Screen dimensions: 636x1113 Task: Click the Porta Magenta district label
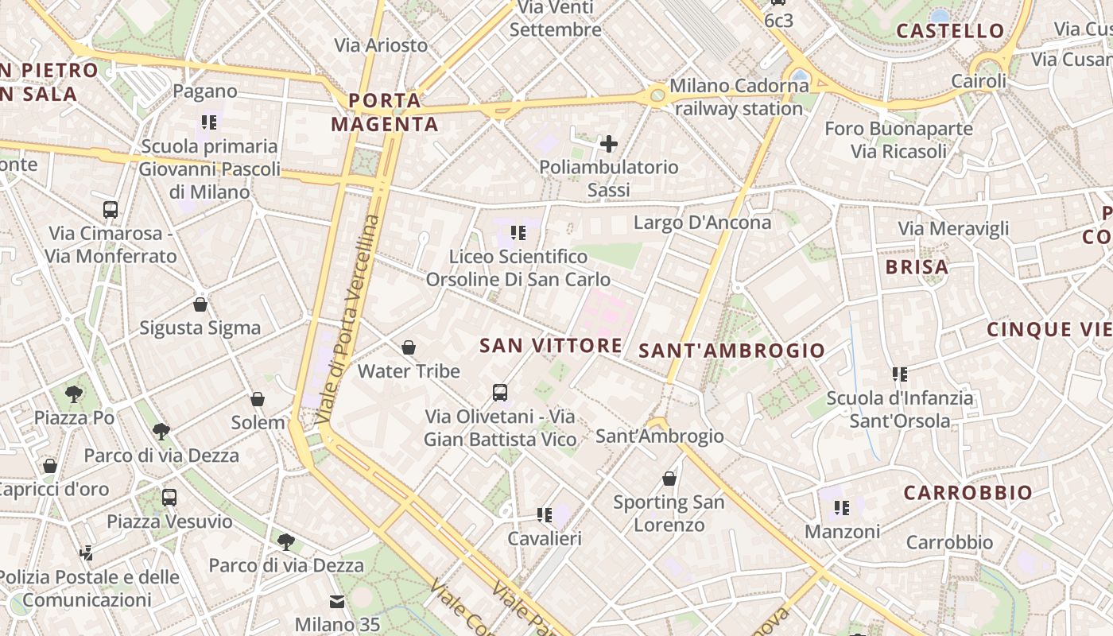pyautogui.click(x=385, y=112)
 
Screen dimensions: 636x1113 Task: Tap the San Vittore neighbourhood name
pyautogui.click(x=551, y=345)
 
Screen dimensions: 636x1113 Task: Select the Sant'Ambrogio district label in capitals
pyautogui.click(x=732, y=350)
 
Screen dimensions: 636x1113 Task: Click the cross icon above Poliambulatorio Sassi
pyautogui.click(x=608, y=144)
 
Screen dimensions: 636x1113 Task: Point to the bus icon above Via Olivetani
pyautogui.click(x=500, y=392)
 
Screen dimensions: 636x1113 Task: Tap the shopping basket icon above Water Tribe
pyautogui.click(x=409, y=347)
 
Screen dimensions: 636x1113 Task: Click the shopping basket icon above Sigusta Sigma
pyautogui.click(x=200, y=304)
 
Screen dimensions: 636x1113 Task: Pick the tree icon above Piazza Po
pyautogui.click(x=74, y=394)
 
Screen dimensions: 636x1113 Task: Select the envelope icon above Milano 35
pyautogui.click(x=337, y=602)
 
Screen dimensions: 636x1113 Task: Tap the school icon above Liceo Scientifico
pyautogui.click(x=518, y=233)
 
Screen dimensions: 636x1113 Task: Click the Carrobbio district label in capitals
pyautogui.click(x=968, y=493)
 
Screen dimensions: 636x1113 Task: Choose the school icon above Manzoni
pyautogui.click(x=842, y=507)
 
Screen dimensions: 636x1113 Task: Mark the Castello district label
pyautogui.click(x=951, y=31)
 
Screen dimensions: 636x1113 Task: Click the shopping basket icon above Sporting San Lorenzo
pyautogui.click(x=669, y=479)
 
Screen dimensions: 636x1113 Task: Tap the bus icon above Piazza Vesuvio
pyautogui.click(x=169, y=498)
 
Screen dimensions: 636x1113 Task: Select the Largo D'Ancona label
pyautogui.click(x=702, y=223)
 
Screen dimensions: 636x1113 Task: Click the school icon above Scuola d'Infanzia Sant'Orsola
pyautogui.click(x=900, y=374)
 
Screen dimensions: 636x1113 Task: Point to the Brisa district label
pyautogui.click(x=917, y=267)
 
